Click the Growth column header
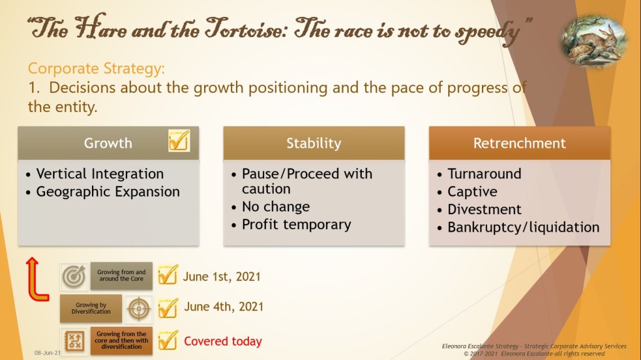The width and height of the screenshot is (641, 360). coord(108,143)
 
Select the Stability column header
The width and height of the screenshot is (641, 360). coord(314,143)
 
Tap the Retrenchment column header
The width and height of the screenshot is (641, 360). coord(520,143)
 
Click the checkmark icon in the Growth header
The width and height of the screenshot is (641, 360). coord(179,140)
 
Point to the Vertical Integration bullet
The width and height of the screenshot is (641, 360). coord(100,174)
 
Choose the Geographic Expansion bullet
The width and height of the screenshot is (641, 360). coord(108,192)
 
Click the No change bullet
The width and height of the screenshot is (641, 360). coord(275,207)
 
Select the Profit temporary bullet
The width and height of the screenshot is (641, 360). coord(296,225)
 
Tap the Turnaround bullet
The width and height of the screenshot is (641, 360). coord(485,174)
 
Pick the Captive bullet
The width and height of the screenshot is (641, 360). coord(472,192)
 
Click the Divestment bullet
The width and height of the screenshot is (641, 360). coord(485,210)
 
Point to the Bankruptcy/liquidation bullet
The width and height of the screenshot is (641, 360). coord(523,227)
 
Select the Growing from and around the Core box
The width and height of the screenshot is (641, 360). coord(121,275)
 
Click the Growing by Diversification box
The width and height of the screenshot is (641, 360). coord(91,308)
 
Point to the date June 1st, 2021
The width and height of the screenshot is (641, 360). coord(222,277)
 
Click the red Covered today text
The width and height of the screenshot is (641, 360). coord(223,341)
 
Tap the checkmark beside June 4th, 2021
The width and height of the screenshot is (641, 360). coord(168,308)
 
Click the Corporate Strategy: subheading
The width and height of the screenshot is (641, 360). coord(96,68)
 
